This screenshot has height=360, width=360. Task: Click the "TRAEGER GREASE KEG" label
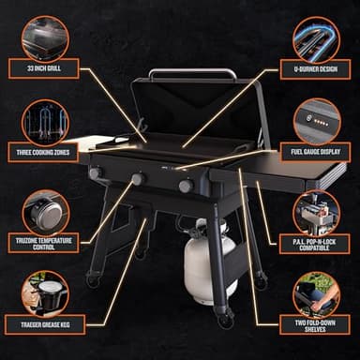[x=45, y=326]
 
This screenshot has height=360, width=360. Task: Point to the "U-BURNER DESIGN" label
[x=316, y=68]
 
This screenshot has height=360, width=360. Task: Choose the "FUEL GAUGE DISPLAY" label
[x=316, y=150]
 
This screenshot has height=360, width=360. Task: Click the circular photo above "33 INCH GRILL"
[x=45, y=38]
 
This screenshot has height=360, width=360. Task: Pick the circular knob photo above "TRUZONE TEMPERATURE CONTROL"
[x=45, y=212]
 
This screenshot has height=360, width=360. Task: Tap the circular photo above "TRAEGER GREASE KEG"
[x=45, y=292]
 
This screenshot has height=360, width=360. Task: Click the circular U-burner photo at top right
[x=316, y=38]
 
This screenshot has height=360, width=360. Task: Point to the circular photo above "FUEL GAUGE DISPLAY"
[x=316, y=120]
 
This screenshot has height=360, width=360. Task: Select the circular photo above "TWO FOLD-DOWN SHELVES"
[x=316, y=292]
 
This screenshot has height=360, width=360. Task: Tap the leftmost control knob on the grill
[x=95, y=172]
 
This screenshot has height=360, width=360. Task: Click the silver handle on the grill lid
[x=191, y=72]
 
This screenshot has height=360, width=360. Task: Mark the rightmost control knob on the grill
[x=186, y=186]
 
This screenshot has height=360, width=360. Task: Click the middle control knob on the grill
[x=137, y=179]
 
